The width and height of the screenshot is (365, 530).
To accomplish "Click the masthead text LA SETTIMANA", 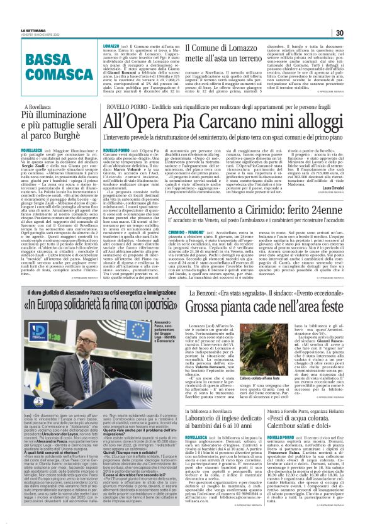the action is (x=33, y=30).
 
